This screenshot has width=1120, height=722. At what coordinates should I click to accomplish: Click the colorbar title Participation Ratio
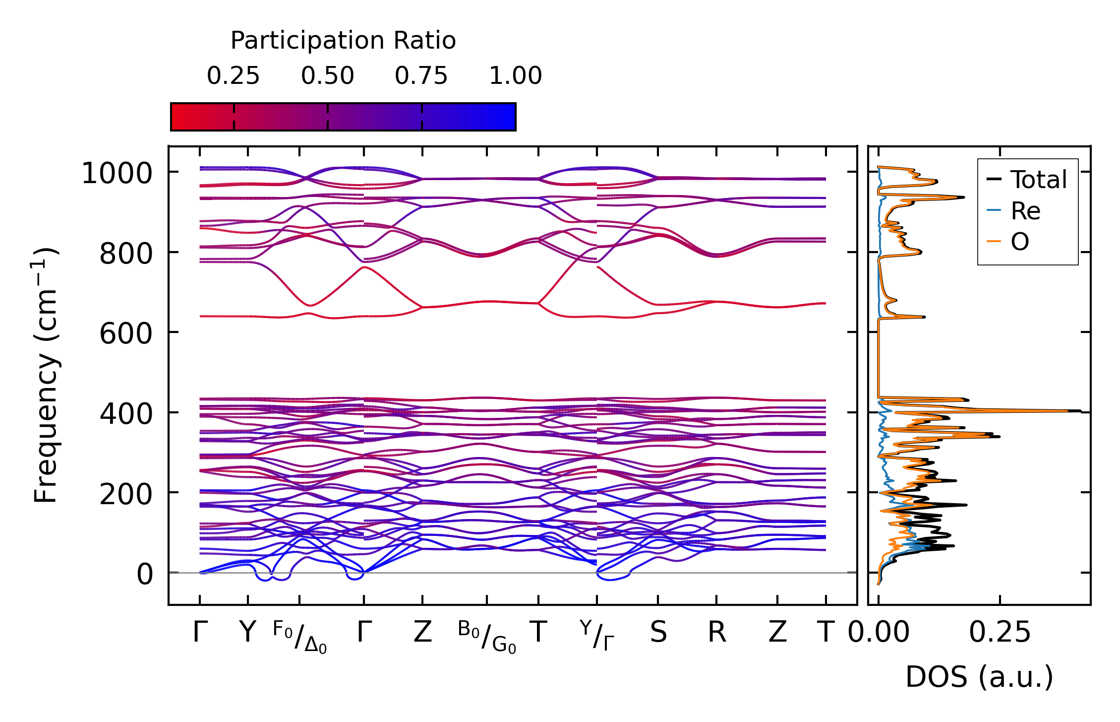click(x=343, y=41)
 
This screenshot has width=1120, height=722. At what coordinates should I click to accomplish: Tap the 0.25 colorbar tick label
click(x=233, y=76)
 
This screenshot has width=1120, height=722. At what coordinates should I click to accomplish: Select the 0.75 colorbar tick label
click(x=421, y=76)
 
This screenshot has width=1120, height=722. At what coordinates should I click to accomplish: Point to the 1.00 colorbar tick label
click(x=516, y=76)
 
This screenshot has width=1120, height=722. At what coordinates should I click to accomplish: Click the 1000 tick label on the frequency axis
click(x=117, y=174)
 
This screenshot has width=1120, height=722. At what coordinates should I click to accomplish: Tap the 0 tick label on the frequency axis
click(x=145, y=575)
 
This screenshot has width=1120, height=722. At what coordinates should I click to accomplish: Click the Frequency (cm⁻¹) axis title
click(x=46, y=375)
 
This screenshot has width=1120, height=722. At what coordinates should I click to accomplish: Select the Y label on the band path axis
click(x=247, y=633)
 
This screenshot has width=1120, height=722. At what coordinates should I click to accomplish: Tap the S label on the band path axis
click(x=658, y=633)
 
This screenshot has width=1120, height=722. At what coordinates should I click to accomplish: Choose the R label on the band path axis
click(x=716, y=633)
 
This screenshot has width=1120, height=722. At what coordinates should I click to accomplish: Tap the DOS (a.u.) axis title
click(x=979, y=677)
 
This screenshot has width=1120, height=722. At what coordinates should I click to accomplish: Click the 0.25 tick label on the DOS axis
click(x=1000, y=633)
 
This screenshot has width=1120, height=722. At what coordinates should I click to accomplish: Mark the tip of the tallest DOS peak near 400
click(x=1080, y=411)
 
